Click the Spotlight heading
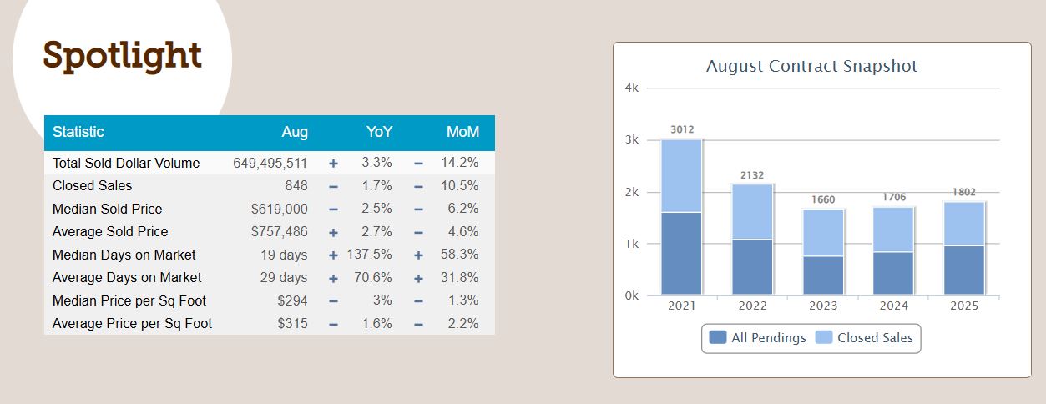pos(122,56)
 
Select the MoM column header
pos(462,132)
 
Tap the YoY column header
pos(379,132)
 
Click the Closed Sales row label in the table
pos(92,185)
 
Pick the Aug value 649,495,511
pos(270,163)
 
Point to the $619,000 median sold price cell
pos(279,209)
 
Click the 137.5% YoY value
pos(369,255)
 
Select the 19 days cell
pos(284,255)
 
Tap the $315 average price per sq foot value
pos(292,323)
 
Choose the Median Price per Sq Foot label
pos(129,300)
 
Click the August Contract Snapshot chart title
pos(811,66)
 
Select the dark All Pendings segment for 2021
pos(681,253)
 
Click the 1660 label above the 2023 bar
pos(823,199)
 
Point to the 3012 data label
pos(682,129)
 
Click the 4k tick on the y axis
pos(631,88)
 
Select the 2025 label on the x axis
pos(964,306)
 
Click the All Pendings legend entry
pos(758,338)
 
